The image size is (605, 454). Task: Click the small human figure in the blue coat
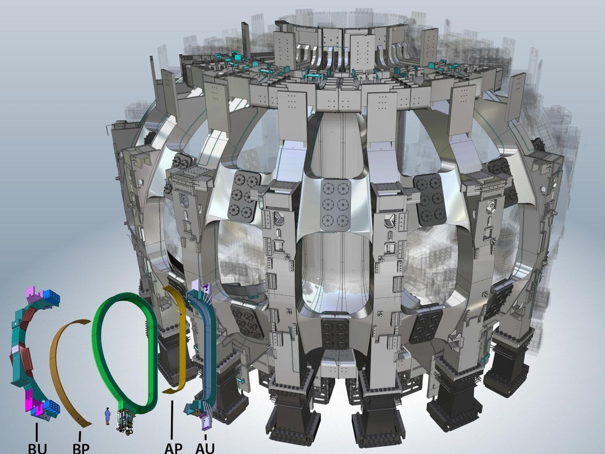point(107,416)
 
